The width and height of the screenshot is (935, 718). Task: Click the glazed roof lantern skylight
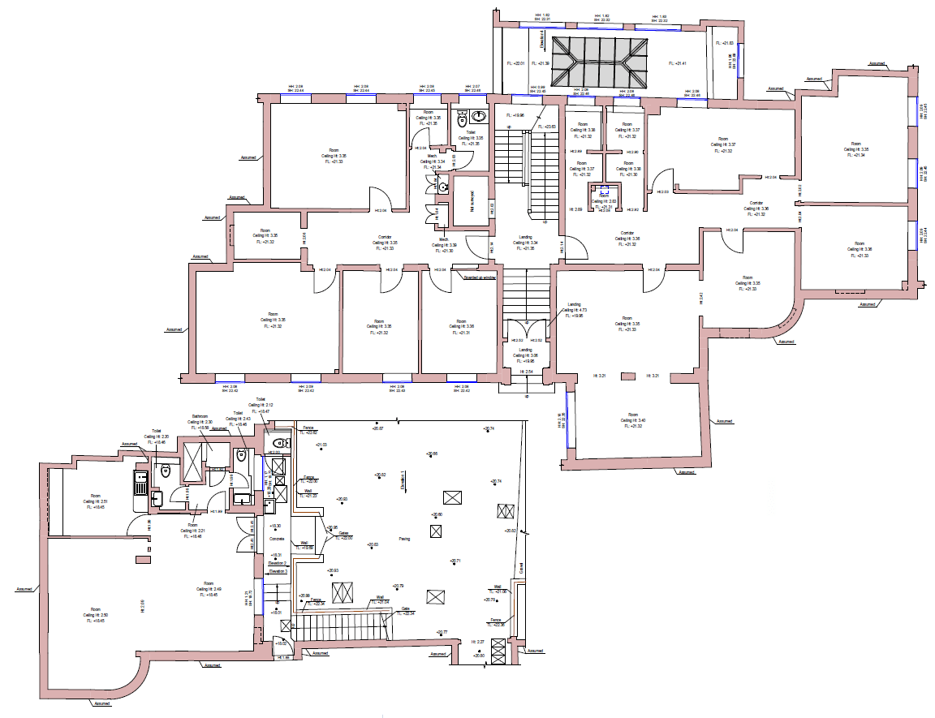tap(601, 62)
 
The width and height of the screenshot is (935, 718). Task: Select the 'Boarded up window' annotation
tap(479, 277)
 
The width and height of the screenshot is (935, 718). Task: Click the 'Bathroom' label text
tap(200, 415)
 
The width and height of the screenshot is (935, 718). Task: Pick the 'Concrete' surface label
tap(276, 539)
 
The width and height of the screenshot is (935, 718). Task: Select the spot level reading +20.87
tap(378, 428)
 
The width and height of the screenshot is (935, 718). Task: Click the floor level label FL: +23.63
tap(549, 127)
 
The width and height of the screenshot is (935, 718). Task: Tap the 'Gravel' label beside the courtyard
tap(521, 567)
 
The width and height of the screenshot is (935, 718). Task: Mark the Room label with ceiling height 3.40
tap(630, 419)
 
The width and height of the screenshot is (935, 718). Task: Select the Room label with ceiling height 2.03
tap(604, 200)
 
